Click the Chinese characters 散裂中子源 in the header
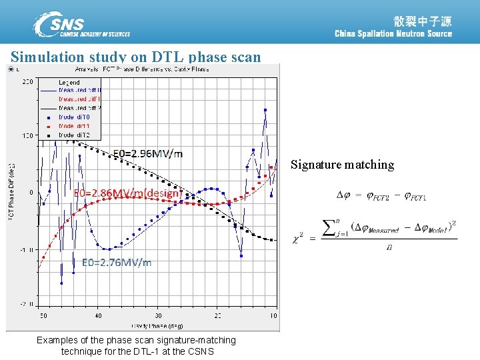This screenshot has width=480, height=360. tap(422, 21)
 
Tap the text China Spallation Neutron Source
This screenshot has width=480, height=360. tap(393, 34)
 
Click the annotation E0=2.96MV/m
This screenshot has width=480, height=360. tap(148, 154)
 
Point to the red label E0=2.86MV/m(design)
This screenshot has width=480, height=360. tap(127, 193)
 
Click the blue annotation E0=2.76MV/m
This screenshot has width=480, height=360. tap(117, 263)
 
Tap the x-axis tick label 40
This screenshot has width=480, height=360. tap(98, 315)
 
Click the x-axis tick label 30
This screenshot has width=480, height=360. tap(158, 315)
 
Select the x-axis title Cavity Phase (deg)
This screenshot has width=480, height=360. tap(157, 326)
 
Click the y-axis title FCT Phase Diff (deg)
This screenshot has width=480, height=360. tap(11, 193)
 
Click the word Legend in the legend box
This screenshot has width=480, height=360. tap(69, 83)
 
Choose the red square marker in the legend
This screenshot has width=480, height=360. tap(49, 125)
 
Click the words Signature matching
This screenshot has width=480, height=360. tap(342, 165)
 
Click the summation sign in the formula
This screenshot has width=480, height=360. tap(330, 229)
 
